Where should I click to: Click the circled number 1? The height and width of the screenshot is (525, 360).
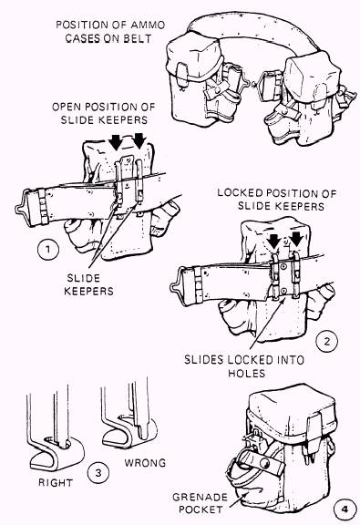tap(48, 249)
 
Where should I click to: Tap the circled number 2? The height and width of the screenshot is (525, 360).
tap(327, 342)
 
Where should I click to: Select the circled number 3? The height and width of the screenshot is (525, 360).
tap(98, 472)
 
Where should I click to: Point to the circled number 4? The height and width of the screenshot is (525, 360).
tap(345, 510)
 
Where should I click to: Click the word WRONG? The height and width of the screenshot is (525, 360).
tap(145, 463)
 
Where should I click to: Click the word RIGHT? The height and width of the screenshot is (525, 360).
tap(56, 482)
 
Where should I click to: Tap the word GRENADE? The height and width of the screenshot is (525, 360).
tap(200, 497)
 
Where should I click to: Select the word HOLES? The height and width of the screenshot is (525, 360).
tap(246, 373)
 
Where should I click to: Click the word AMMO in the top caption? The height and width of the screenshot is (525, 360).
tap(148, 25)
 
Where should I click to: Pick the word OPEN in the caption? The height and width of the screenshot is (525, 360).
tap(67, 107)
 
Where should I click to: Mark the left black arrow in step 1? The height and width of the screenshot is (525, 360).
tap(117, 142)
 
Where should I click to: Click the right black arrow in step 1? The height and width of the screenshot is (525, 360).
tap(139, 141)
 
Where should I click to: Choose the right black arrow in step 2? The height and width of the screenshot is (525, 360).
tap(297, 240)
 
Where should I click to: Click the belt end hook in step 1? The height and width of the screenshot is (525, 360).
tap(21, 208)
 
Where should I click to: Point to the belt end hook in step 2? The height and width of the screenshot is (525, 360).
tap(177, 285)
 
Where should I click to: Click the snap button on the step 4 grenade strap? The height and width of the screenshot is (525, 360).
tap(264, 464)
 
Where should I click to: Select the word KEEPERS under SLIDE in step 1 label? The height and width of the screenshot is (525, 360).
tap(88, 291)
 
